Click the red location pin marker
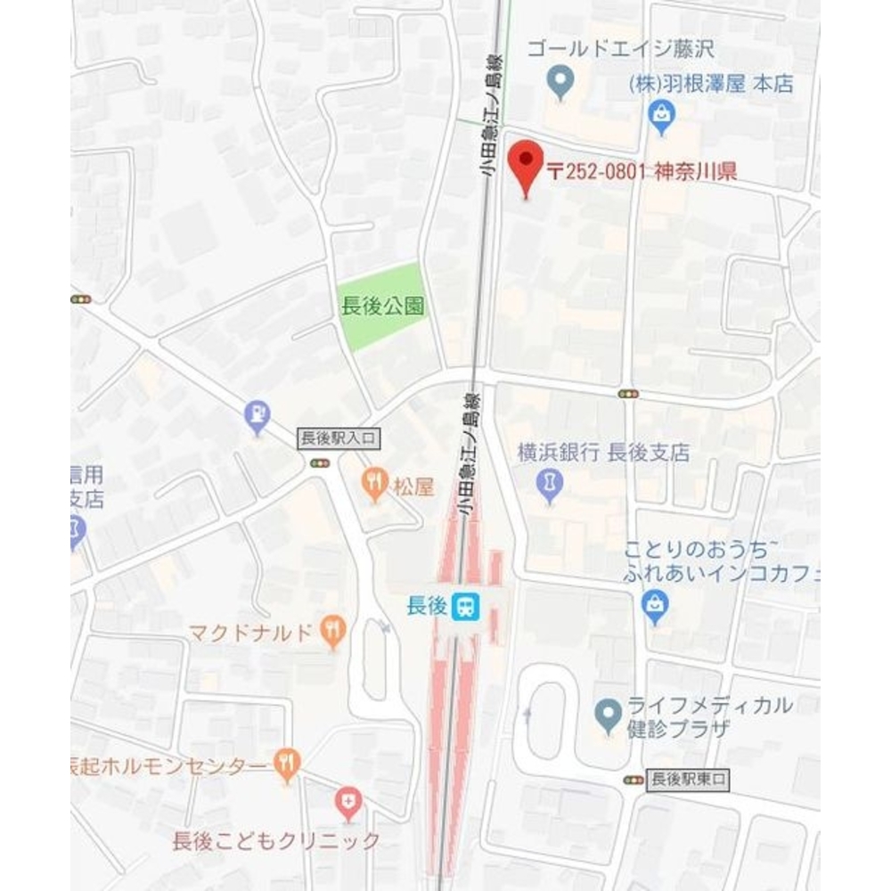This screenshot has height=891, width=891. (525, 165)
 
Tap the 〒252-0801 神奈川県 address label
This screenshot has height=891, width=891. (642, 171)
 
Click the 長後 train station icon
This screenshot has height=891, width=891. (465, 608)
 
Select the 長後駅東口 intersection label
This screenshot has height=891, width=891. (690, 779)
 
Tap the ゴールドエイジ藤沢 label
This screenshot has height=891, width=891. (620, 48)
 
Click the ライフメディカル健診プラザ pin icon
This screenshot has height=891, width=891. (609, 713)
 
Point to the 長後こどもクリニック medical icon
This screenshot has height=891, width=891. (347, 805)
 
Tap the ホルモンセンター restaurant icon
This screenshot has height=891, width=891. (287, 763)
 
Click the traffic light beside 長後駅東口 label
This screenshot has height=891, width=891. (634, 780)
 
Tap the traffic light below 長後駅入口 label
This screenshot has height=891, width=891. (320, 462)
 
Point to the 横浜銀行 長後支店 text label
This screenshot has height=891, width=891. (603, 453)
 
